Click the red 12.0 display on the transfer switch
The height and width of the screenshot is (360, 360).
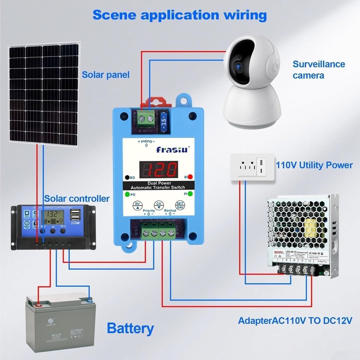(x=158, y=168)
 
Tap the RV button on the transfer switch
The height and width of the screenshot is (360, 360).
(x=137, y=205)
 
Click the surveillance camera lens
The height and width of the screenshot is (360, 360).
(x=238, y=66)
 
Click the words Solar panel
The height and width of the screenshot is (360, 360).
(x=105, y=75)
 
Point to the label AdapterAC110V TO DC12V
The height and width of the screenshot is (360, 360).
(x=295, y=321)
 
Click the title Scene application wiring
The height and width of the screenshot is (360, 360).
(x=180, y=15)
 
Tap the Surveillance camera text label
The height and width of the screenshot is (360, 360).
(x=319, y=70)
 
